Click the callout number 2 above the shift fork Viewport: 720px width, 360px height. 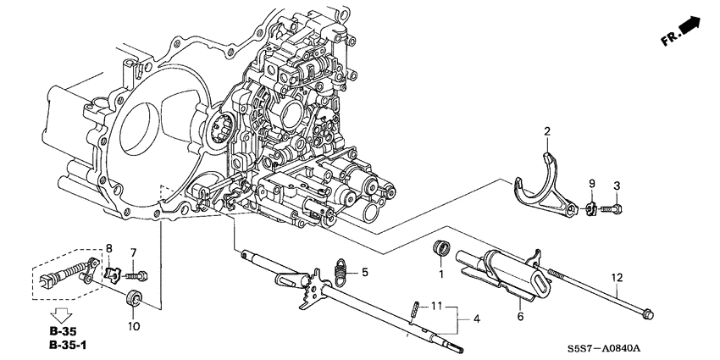pos(547,131)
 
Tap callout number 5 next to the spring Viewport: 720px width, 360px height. pos(365,273)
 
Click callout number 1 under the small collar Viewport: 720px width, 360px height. pos(440,274)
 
